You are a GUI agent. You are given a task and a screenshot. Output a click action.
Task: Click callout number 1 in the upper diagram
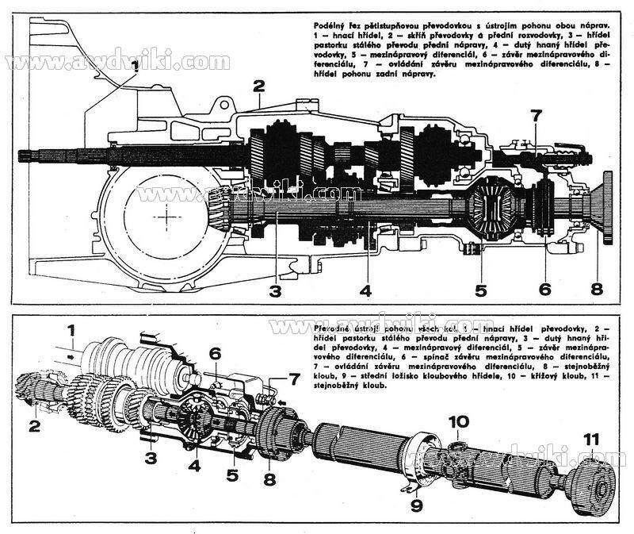pos(136,67)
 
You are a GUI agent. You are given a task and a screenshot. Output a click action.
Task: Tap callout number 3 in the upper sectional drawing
pos(274,290)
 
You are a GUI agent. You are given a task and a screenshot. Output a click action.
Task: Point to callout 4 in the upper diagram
pos(365,290)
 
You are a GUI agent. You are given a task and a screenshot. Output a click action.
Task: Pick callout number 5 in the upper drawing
pos(480,290)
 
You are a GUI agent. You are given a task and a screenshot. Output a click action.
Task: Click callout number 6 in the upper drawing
pos(544,290)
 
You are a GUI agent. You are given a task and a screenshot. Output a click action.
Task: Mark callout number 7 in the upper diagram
pos(537,116)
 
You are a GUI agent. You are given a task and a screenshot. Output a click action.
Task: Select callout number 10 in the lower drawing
pos(460,421)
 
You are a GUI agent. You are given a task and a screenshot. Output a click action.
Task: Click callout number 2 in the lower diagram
pos(33,425)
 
